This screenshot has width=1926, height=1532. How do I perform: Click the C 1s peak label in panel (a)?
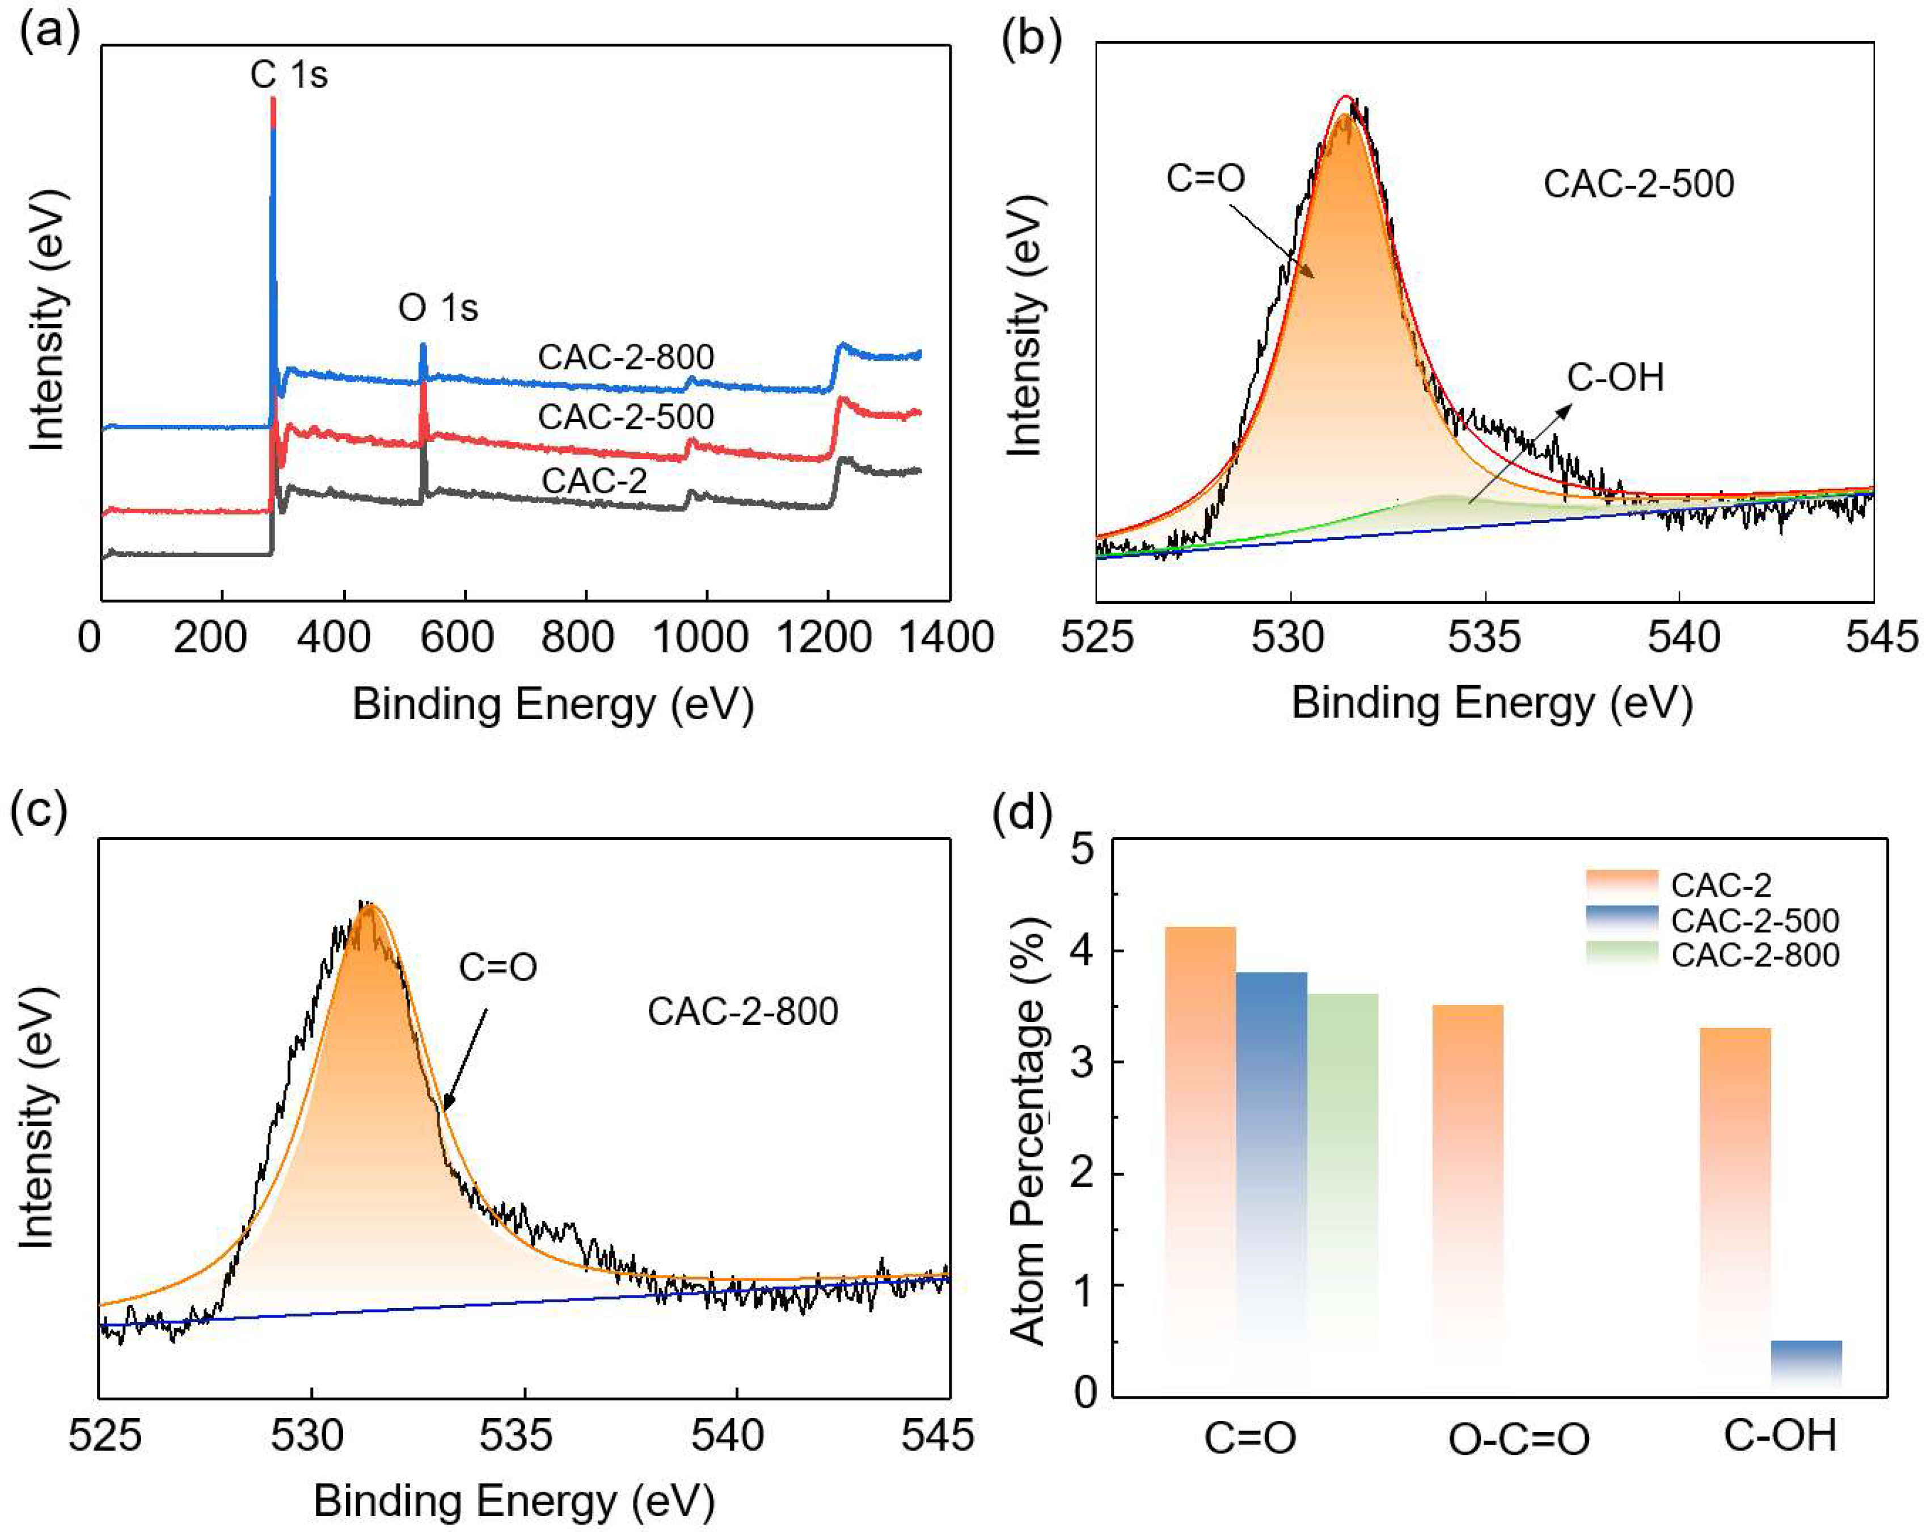[x=289, y=75]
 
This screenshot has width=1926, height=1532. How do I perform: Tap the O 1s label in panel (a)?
[x=438, y=308]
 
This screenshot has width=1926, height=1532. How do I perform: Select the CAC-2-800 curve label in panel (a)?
[x=626, y=357]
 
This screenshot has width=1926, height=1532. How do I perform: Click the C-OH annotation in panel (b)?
[x=1615, y=378]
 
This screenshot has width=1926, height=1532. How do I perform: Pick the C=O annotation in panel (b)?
[x=1205, y=179]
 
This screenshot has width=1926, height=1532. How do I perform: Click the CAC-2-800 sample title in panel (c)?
[x=742, y=1012]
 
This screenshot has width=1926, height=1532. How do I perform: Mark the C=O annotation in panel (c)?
[x=497, y=968]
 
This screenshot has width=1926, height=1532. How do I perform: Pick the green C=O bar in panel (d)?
[x=1342, y=1188]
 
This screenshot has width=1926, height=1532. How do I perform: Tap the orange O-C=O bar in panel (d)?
[x=1468, y=1197]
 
